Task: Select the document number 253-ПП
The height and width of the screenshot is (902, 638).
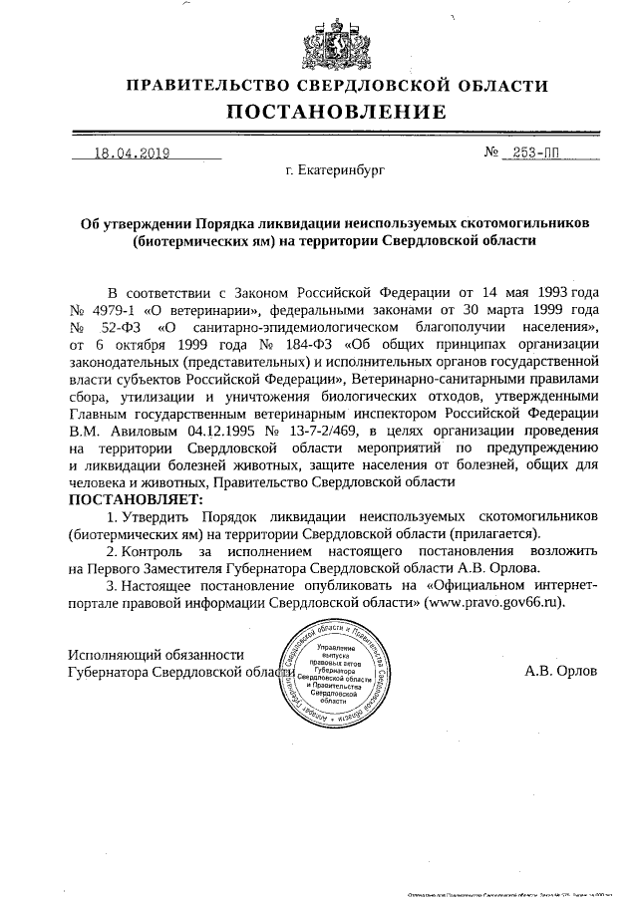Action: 533,153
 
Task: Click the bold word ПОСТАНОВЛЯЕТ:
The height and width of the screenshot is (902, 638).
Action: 135,497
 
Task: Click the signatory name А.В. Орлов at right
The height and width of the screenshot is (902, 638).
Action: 560,671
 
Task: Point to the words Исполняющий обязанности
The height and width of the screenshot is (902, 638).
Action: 155,654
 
